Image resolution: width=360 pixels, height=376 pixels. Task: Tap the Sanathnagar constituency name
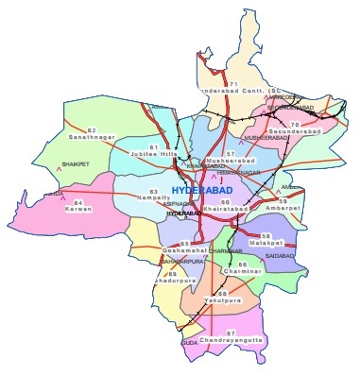pyautogui.click(x=91, y=138)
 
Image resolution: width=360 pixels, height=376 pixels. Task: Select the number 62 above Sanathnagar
pyautogui.click(x=92, y=129)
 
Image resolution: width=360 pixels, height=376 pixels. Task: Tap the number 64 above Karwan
pyautogui.click(x=80, y=202)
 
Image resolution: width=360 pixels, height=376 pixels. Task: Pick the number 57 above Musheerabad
pyautogui.click(x=230, y=153)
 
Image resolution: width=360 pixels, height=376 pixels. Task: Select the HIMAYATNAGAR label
pyautogui.click(x=236, y=174)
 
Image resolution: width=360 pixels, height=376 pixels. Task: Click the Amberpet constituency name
pyautogui.click(x=283, y=209)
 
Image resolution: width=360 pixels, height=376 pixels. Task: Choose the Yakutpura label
pyautogui.click(x=222, y=301)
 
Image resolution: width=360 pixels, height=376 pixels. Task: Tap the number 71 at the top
pyautogui.click(x=231, y=83)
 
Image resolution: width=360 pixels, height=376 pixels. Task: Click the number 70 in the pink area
pyautogui.click(x=296, y=124)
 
